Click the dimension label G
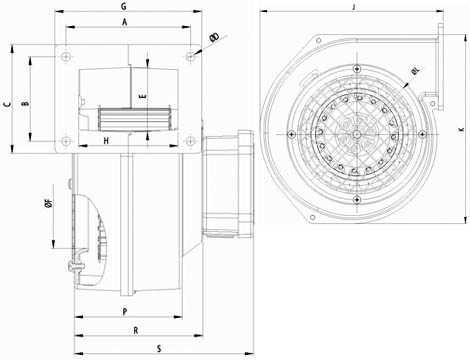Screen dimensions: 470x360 tap(124, 6)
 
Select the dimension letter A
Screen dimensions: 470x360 tap(125, 22)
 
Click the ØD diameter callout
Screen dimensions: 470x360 tap(215, 37)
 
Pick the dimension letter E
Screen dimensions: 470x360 tap(143, 97)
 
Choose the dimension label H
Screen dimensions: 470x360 tap(106, 141)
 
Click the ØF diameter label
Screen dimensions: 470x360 tap(49, 203)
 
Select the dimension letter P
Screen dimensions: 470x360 tap(125, 312)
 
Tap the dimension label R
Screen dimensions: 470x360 tap(136, 331)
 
